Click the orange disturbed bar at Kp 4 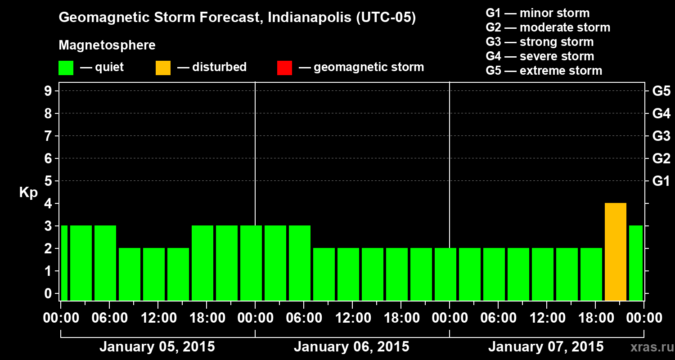point(615,252)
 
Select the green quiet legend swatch point(66,67)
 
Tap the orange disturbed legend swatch point(163,67)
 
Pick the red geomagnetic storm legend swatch point(284,67)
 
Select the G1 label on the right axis point(661,181)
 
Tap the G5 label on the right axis point(661,91)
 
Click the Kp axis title point(28,193)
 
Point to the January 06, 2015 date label point(351,347)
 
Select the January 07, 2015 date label point(546,347)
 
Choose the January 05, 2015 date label point(157,347)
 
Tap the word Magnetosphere point(107,45)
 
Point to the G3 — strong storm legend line point(540,42)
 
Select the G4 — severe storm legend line point(540,56)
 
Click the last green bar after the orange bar point(636,263)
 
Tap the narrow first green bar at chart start point(64,263)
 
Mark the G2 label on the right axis point(661,158)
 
